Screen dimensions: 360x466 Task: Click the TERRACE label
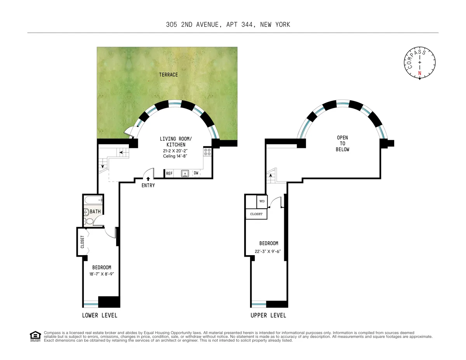point(168,75)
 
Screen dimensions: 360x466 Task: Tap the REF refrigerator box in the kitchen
point(169,174)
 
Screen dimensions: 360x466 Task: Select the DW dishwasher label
point(196,174)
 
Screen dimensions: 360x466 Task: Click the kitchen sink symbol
point(185,173)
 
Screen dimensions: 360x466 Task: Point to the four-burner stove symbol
point(207,151)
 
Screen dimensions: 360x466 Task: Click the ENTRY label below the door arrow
point(148,186)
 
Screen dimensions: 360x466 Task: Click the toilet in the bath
point(89,222)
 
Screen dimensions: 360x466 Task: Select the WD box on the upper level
point(262,201)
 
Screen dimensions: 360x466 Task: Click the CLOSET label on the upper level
point(256,214)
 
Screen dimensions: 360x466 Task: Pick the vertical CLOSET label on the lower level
point(82,242)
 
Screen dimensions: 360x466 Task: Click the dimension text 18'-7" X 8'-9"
point(101,274)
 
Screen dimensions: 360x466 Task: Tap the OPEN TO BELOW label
point(343,144)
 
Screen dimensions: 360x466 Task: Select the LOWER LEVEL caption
point(99,315)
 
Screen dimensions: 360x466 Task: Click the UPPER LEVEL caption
point(268,315)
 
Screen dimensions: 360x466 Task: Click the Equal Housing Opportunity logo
point(35,336)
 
